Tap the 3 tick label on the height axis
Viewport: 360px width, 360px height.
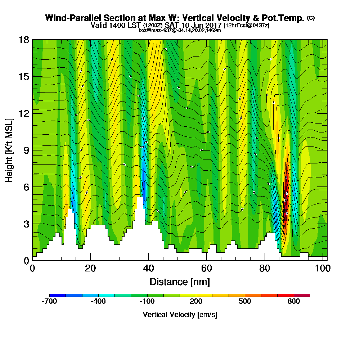pyautogui.click(x=26, y=224)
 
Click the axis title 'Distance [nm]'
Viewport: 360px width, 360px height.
pyautogui.click(x=180, y=282)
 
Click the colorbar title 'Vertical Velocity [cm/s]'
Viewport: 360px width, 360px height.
pyautogui.click(x=180, y=315)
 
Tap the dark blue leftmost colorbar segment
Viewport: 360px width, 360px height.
pyautogui.click(x=58, y=295)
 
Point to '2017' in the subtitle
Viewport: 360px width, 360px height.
pyautogui.click(x=212, y=26)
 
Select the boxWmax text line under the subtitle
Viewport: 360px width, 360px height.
pyautogui.click(x=180, y=30)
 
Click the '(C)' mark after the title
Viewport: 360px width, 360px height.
pyautogui.click(x=311, y=18)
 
